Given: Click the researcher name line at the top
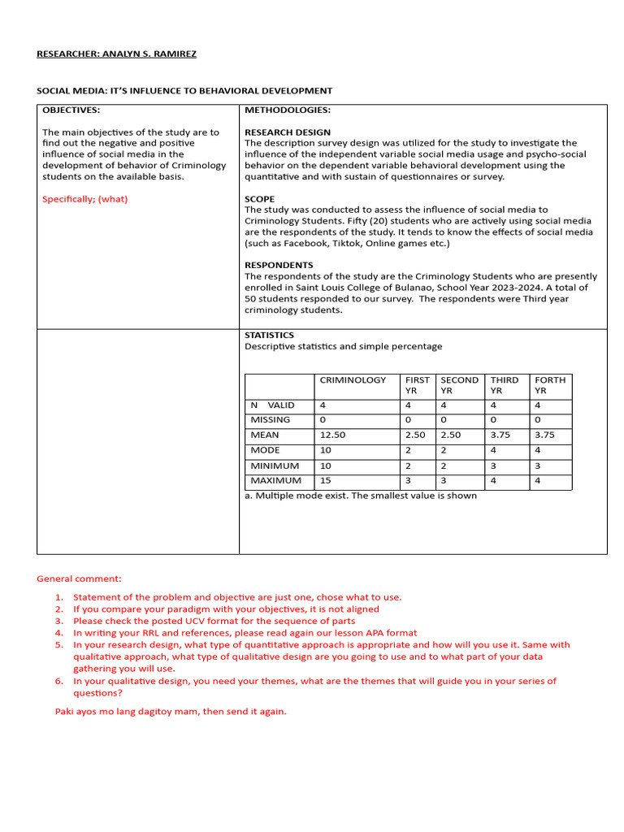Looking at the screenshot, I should click(116, 54).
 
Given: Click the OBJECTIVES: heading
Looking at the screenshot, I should click(71, 110).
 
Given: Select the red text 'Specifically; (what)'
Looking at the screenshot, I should click(84, 199).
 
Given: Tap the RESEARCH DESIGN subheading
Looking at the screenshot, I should click(288, 132).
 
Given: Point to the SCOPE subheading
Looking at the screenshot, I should click(260, 199).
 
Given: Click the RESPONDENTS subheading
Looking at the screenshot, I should click(279, 265).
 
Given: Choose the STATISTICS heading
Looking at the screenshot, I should click(270, 335).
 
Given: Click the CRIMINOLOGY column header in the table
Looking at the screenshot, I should click(353, 380).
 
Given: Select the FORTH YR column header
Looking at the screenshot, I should click(550, 385).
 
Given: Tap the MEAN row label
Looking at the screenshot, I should click(265, 435).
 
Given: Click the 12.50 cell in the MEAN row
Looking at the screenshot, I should click(332, 435).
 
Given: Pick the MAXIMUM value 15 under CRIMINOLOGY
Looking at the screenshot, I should click(326, 480).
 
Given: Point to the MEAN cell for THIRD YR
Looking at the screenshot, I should click(500, 435).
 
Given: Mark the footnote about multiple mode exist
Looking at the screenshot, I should click(361, 496).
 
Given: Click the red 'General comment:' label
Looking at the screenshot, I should click(79, 578).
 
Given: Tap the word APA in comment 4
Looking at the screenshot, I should click(367, 633).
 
